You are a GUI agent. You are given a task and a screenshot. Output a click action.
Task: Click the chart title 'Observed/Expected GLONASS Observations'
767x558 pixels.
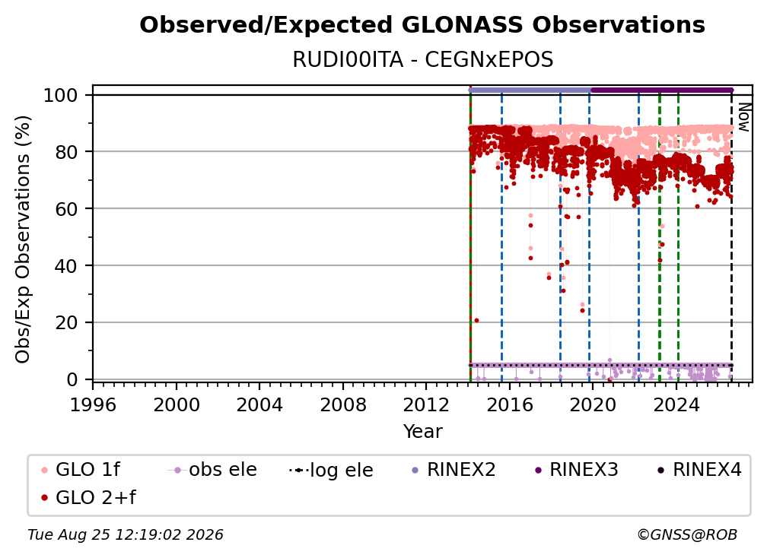pos(422,25)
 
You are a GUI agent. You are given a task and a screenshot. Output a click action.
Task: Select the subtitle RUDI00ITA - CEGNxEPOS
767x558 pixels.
pos(422,59)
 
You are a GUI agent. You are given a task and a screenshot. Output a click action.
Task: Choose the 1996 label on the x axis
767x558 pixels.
pos(93,405)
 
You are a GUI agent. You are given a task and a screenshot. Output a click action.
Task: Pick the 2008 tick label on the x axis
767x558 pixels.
pos(343,405)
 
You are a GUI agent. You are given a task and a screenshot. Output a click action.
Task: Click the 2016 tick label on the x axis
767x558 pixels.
pos(510,405)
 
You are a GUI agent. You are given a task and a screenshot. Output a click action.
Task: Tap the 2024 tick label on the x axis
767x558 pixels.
pos(676,405)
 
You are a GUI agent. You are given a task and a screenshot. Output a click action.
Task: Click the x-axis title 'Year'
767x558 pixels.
pos(422,432)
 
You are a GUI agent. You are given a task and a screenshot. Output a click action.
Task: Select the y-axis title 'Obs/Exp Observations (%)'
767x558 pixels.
pos(23,239)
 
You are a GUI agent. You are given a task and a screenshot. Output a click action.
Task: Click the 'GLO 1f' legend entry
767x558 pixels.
pos(81,470)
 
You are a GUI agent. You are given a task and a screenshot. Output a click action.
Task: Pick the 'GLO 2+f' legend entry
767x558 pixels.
pos(88,497)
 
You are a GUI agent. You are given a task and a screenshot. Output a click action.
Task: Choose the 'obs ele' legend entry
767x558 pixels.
pos(212,470)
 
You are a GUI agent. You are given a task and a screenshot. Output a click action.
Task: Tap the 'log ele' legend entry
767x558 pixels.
pos(331,471)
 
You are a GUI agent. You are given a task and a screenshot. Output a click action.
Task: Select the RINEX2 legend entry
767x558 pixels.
pos(454,470)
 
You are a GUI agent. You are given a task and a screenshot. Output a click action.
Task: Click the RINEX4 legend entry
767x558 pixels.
pos(699,470)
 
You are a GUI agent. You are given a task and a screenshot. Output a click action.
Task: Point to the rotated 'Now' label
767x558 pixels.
pos(744,117)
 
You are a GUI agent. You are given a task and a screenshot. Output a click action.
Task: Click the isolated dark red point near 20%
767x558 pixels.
pos(476,321)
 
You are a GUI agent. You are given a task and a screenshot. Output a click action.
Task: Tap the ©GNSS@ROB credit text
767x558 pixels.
pos(687,535)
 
